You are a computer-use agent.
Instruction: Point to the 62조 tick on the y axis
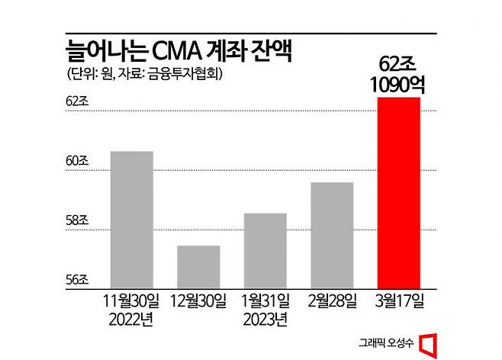click(77, 101)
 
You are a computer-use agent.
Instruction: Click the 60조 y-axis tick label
click(77, 162)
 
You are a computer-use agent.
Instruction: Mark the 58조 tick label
click(77, 221)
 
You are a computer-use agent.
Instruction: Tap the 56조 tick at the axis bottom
click(77, 279)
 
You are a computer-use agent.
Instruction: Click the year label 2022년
click(132, 318)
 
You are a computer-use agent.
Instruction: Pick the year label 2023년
click(265, 318)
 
